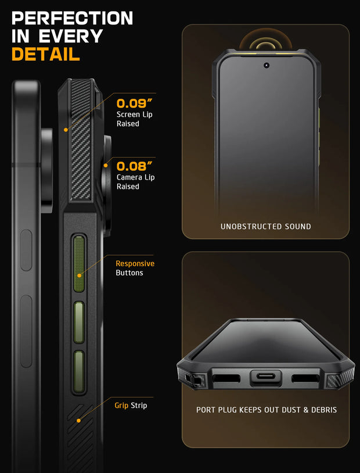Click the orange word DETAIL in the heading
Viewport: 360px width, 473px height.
[x=45, y=54]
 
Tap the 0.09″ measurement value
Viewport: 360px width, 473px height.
[x=134, y=103]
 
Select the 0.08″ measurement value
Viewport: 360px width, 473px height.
[x=134, y=166]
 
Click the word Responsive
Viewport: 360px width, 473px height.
[x=135, y=264]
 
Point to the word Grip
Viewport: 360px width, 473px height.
[x=121, y=406]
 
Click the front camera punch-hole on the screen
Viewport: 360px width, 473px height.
[x=267, y=65]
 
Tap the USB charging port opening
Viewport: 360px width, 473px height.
[x=266, y=377]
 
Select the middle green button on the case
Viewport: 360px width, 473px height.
[x=79, y=322]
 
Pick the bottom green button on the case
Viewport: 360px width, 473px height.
[x=79, y=371]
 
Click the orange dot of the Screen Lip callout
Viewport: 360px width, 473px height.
[x=66, y=130]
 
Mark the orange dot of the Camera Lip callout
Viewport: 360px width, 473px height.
[x=106, y=165]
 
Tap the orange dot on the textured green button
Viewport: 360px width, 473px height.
[x=80, y=275]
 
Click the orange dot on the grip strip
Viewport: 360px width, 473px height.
[x=79, y=421]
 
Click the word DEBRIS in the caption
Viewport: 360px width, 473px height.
[x=324, y=410]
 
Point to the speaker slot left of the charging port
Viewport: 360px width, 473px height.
[x=226, y=378]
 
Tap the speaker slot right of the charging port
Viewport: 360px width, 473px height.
[x=305, y=378]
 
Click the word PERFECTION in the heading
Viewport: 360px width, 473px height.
[x=72, y=18]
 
